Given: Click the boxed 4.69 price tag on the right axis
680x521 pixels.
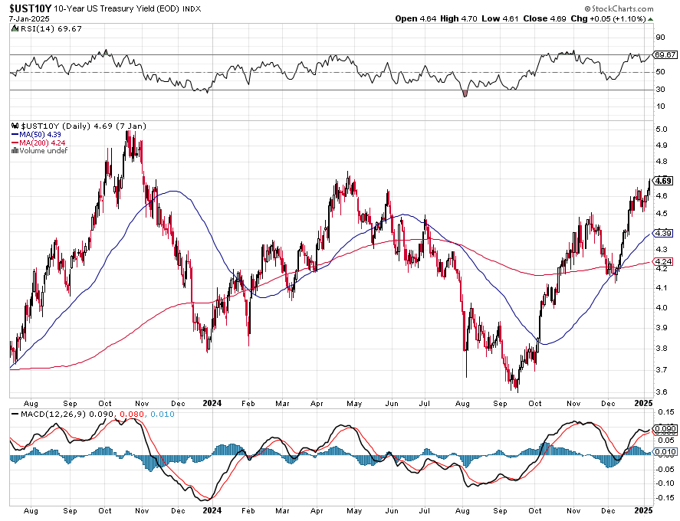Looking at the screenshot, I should pos(664,181).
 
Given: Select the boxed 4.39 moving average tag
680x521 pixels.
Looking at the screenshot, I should pos(664,233).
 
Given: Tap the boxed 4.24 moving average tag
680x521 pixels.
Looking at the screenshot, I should pos(664,262).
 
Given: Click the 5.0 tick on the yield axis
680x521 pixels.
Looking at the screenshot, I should pos(660,129).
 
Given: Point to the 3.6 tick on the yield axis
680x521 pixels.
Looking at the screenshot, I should pos(660,392).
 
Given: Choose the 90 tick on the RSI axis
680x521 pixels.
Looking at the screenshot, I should pos(659,37).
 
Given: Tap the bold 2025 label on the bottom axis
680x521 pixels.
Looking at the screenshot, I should pos(643,401).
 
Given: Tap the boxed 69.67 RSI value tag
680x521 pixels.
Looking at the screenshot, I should pos(665,55).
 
